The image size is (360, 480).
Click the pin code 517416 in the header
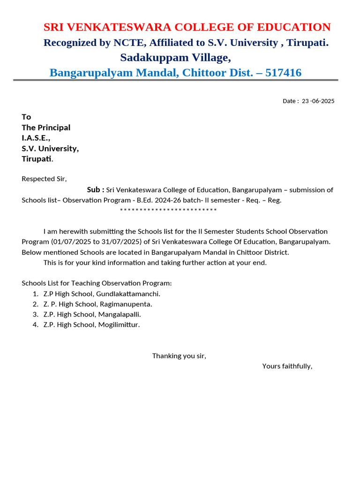283,73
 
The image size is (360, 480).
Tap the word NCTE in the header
129,43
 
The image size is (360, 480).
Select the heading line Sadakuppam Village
175,58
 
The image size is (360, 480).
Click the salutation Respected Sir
44,179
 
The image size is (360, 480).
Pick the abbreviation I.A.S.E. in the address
36,138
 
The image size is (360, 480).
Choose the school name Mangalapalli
119,315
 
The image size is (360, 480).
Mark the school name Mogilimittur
119,325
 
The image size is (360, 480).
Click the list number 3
35,315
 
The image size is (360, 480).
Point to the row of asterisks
168,210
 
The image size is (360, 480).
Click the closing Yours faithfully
287,366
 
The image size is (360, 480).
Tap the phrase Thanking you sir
179,356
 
